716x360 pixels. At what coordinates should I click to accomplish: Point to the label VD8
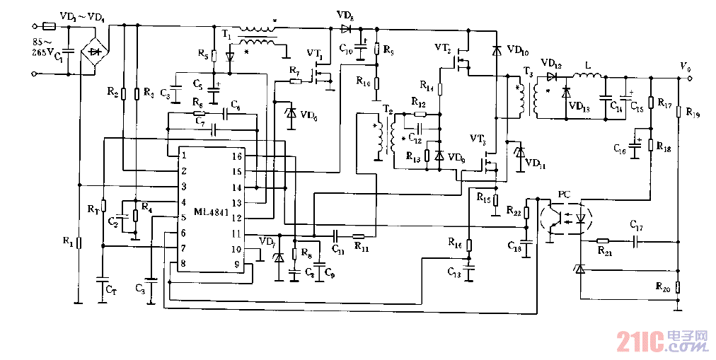[x=345, y=15]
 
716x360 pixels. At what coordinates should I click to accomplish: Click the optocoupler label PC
[x=563, y=193]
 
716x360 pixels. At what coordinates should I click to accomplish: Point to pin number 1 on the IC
[x=183, y=155]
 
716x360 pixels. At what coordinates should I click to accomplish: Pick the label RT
[x=93, y=209]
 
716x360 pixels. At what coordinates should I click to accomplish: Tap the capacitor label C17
[x=637, y=226]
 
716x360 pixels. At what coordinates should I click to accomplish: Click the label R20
[x=663, y=287]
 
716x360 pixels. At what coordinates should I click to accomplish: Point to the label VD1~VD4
[x=80, y=15]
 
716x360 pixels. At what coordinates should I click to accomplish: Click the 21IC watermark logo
[x=662, y=342]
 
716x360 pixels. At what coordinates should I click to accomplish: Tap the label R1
[x=68, y=242]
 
